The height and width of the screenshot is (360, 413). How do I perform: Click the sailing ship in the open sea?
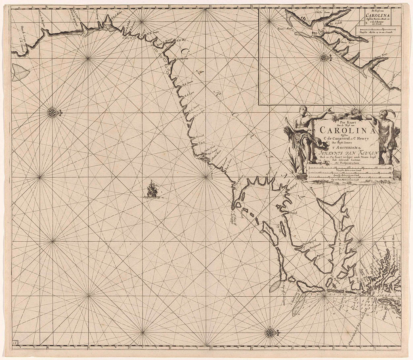(152, 189)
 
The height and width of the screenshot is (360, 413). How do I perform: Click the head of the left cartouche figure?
(302, 110)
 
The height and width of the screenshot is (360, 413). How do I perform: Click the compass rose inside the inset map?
(323, 57)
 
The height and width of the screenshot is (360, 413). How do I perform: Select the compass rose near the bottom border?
(269, 333)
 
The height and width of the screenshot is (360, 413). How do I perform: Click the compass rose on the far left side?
(52, 112)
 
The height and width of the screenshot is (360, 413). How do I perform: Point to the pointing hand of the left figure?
(330, 109)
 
